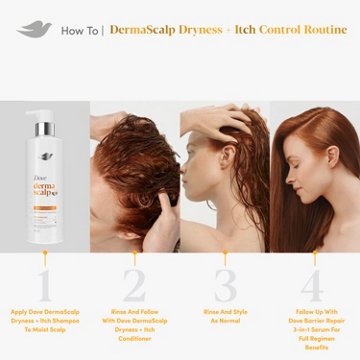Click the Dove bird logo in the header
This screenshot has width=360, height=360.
tap(39, 29)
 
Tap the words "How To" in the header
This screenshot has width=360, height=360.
tap(79, 30)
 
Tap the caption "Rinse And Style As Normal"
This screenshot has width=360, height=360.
tap(224, 315)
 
